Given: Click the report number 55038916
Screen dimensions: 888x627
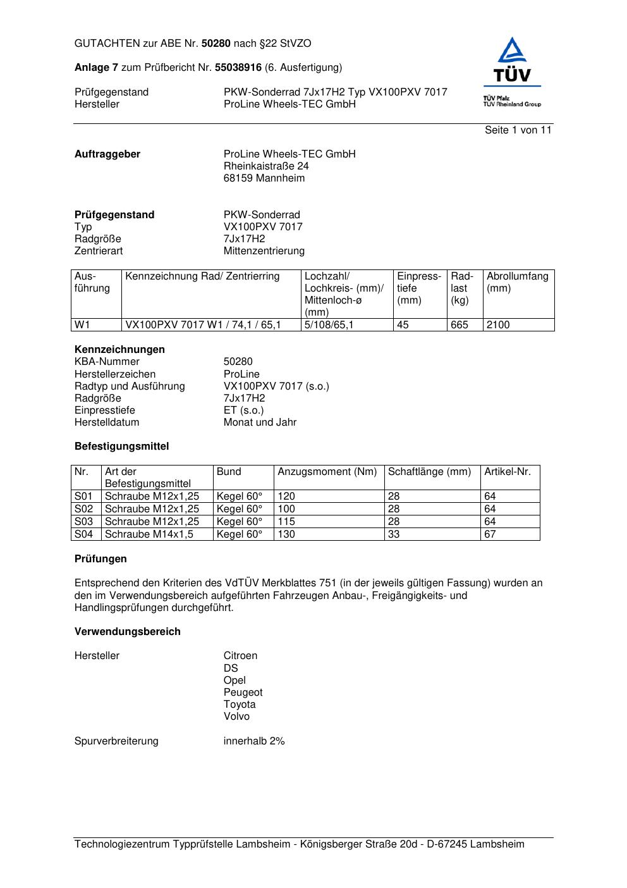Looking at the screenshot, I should tap(238, 67).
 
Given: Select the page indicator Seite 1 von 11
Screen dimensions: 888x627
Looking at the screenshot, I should tap(518, 130).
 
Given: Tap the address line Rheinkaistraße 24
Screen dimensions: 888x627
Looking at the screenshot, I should tap(266, 166).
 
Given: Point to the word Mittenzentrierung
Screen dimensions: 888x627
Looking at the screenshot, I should tap(264, 251).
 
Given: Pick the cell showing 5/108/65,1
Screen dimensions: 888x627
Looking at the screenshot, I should tap(329, 325).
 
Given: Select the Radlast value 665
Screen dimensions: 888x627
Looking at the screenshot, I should tap(459, 325).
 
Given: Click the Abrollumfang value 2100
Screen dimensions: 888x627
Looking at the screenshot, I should tap(498, 325).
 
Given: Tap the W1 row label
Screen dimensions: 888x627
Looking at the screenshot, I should tap(82, 325).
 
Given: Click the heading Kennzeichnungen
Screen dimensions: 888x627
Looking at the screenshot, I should tap(119, 350).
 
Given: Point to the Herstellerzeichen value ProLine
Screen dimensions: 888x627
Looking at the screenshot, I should tap(241, 374).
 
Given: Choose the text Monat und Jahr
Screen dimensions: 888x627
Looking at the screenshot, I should tap(260, 422).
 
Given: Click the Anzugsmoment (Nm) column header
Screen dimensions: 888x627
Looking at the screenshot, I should tap(327, 472).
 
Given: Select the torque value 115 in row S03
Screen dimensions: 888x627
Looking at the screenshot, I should tap(286, 522).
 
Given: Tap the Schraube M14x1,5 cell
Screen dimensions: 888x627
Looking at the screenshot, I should tap(149, 534).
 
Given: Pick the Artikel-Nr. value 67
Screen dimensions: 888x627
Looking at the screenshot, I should tap(490, 534).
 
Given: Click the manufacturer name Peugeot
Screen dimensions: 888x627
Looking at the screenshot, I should tap(243, 693).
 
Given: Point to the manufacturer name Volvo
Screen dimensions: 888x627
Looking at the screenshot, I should tap(236, 717).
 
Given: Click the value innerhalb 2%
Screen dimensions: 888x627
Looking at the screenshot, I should tap(254, 741).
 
